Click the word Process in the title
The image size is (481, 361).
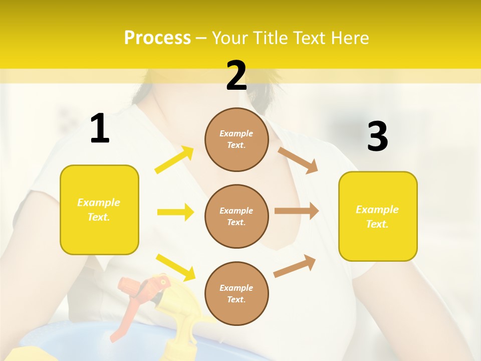tap(157, 38)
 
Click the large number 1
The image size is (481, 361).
tap(100, 129)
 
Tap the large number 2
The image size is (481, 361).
tap(236, 76)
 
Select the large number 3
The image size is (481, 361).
tap(377, 137)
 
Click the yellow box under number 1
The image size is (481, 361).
tap(99, 210)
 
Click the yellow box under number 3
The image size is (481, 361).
tap(378, 216)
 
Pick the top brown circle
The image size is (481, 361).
tap(236, 139)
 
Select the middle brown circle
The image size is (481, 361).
tap(236, 216)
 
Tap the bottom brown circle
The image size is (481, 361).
tap(236, 293)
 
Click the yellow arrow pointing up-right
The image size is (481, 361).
tap(174, 160)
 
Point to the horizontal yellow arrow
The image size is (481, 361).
tap(175, 212)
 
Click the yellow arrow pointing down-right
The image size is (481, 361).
tap(175, 267)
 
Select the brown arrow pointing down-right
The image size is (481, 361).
tap(298, 160)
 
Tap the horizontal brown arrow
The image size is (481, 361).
tap(297, 211)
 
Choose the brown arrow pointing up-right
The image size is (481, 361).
tap(295, 266)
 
